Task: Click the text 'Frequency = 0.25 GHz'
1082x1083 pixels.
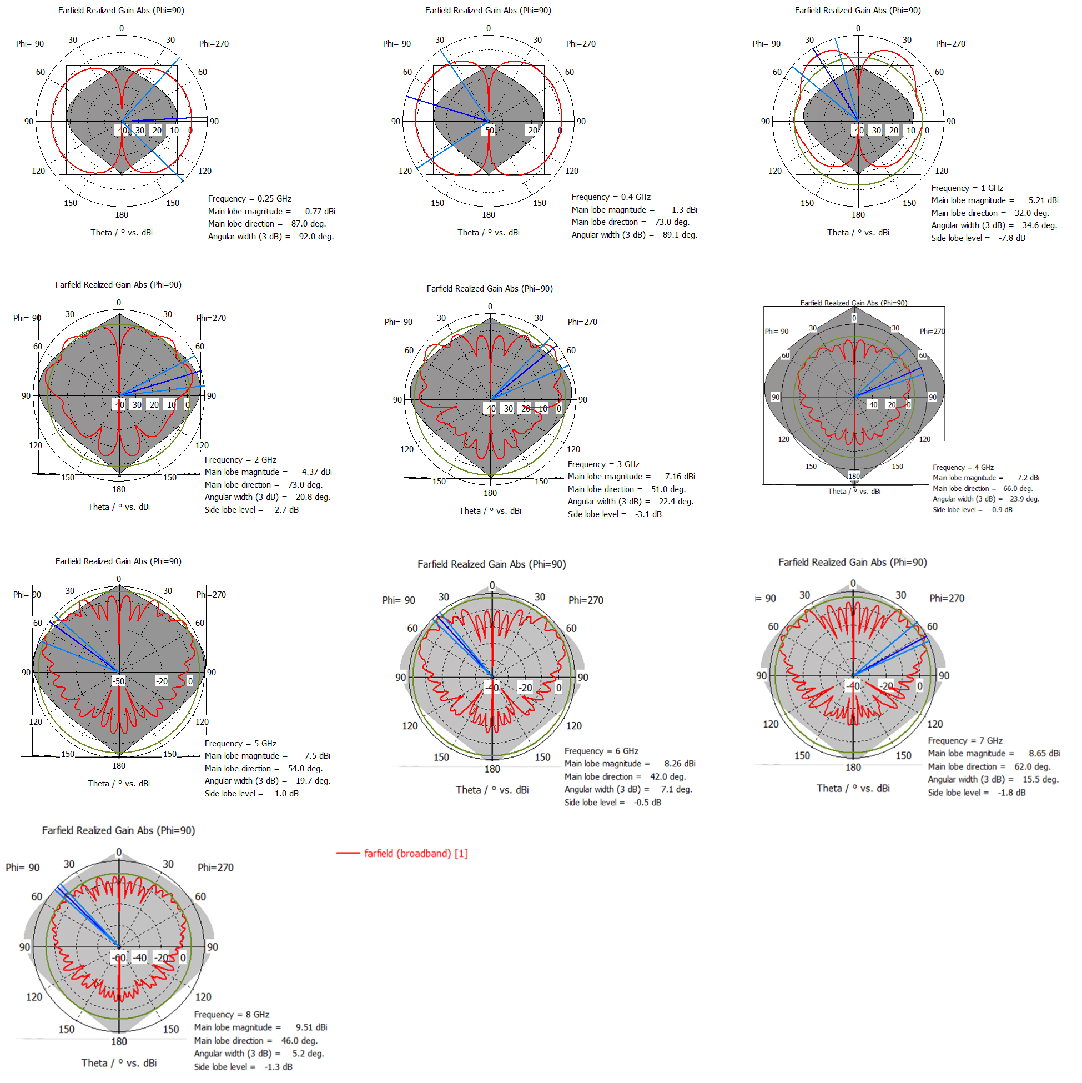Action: (x=249, y=199)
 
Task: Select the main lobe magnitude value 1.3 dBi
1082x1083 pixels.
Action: (x=684, y=209)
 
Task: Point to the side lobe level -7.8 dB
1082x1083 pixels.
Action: (x=1011, y=238)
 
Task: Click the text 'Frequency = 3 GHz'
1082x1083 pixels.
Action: (x=603, y=464)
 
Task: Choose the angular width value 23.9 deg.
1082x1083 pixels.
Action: (x=1024, y=499)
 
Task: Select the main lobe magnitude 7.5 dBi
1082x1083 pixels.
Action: (x=317, y=756)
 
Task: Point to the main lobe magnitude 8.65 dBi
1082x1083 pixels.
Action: (x=1044, y=754)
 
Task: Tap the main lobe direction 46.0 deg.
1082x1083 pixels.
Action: (x=299, y=1040)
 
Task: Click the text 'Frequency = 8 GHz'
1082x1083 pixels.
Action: (x=232, y=1015)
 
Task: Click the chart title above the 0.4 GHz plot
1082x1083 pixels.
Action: (x=487, y=11)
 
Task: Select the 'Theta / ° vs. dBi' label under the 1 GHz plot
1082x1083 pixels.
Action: (x=858, y=233)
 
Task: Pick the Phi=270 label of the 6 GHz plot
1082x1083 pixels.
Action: (x=586, y=600)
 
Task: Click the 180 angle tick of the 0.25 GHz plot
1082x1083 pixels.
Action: (x=122, y=215)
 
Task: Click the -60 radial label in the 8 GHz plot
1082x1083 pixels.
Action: (x=119, y=958)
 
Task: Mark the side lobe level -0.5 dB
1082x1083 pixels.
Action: (x=647, y=802)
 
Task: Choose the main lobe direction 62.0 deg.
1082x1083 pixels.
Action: (x=1032, y=766)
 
